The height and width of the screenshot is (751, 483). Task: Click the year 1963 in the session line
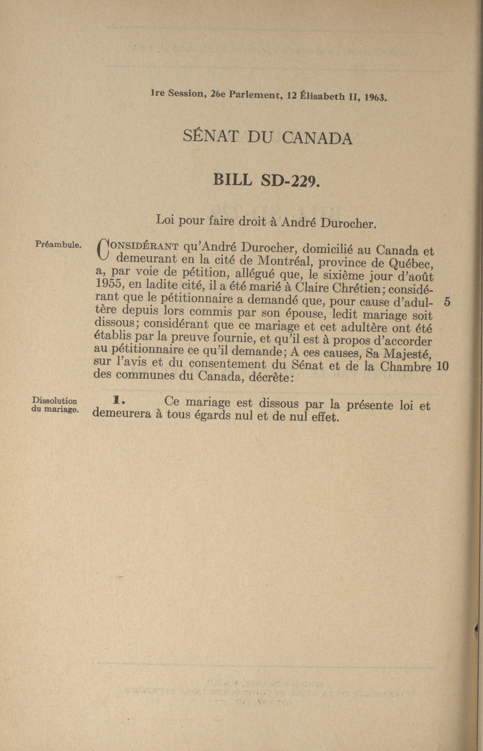[x=375, y=97]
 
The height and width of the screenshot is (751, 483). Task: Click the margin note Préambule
[x=59, y=244]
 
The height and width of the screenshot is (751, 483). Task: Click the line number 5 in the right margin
[x=447, y=302]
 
